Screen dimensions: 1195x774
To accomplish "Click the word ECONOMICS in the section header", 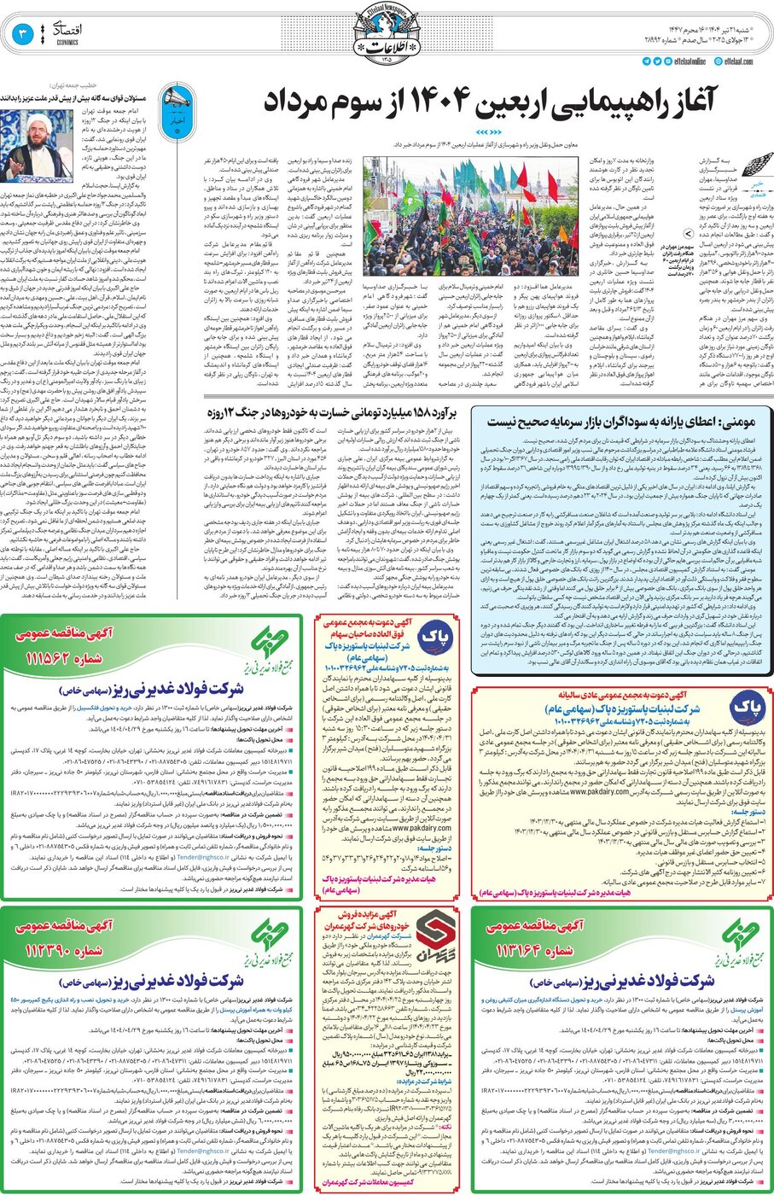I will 67,42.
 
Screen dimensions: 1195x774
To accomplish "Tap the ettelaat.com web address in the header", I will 739,61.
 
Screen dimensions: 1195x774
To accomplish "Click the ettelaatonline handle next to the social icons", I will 688,61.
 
